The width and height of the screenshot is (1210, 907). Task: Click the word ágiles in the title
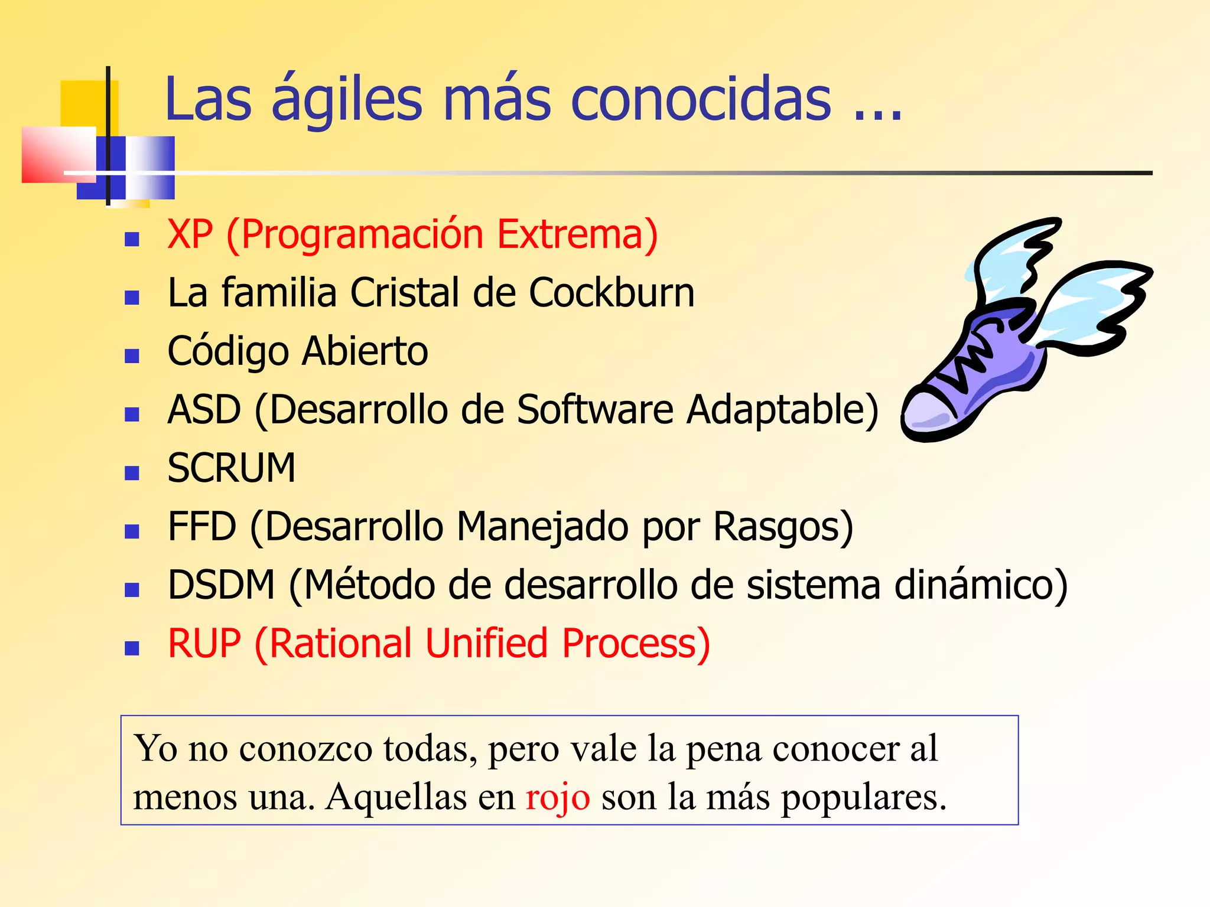pyautogui.click(x=347, y=100)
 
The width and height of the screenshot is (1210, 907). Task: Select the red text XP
pyautogui.click(x=190, y=234)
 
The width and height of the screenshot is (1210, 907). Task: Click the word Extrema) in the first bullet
pyautogui.click(x=577, y=234)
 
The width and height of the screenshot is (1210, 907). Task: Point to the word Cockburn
pyautogui.click(x=611, y=293)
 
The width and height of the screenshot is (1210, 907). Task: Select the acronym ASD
pyautogui.click(x=204, y=409)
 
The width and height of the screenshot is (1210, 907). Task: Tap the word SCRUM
pyautogui.click(x=231, y=468)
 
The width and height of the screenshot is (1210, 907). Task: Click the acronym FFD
pyautogui.click(x=202, y=526)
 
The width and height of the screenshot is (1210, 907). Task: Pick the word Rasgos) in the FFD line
pyautogui.click(x=783, y=526)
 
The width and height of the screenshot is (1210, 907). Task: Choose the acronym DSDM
pyautogui.click(x=222, y=585)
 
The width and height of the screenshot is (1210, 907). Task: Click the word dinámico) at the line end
pyautogui.click(x=981, y=585)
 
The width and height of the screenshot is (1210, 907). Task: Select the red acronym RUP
pyautogui.click(x=204, y=643)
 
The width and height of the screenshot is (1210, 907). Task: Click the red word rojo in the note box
pyautogui.click(x=558, y=797)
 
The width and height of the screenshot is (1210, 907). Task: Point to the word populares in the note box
pyautogui.click(x=859, y=797)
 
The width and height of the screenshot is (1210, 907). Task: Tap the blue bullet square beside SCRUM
pyautogui.click(x=132, y=472)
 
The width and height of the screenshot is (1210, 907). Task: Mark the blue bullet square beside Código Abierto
pyautogui.click(x=132, y=355)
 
